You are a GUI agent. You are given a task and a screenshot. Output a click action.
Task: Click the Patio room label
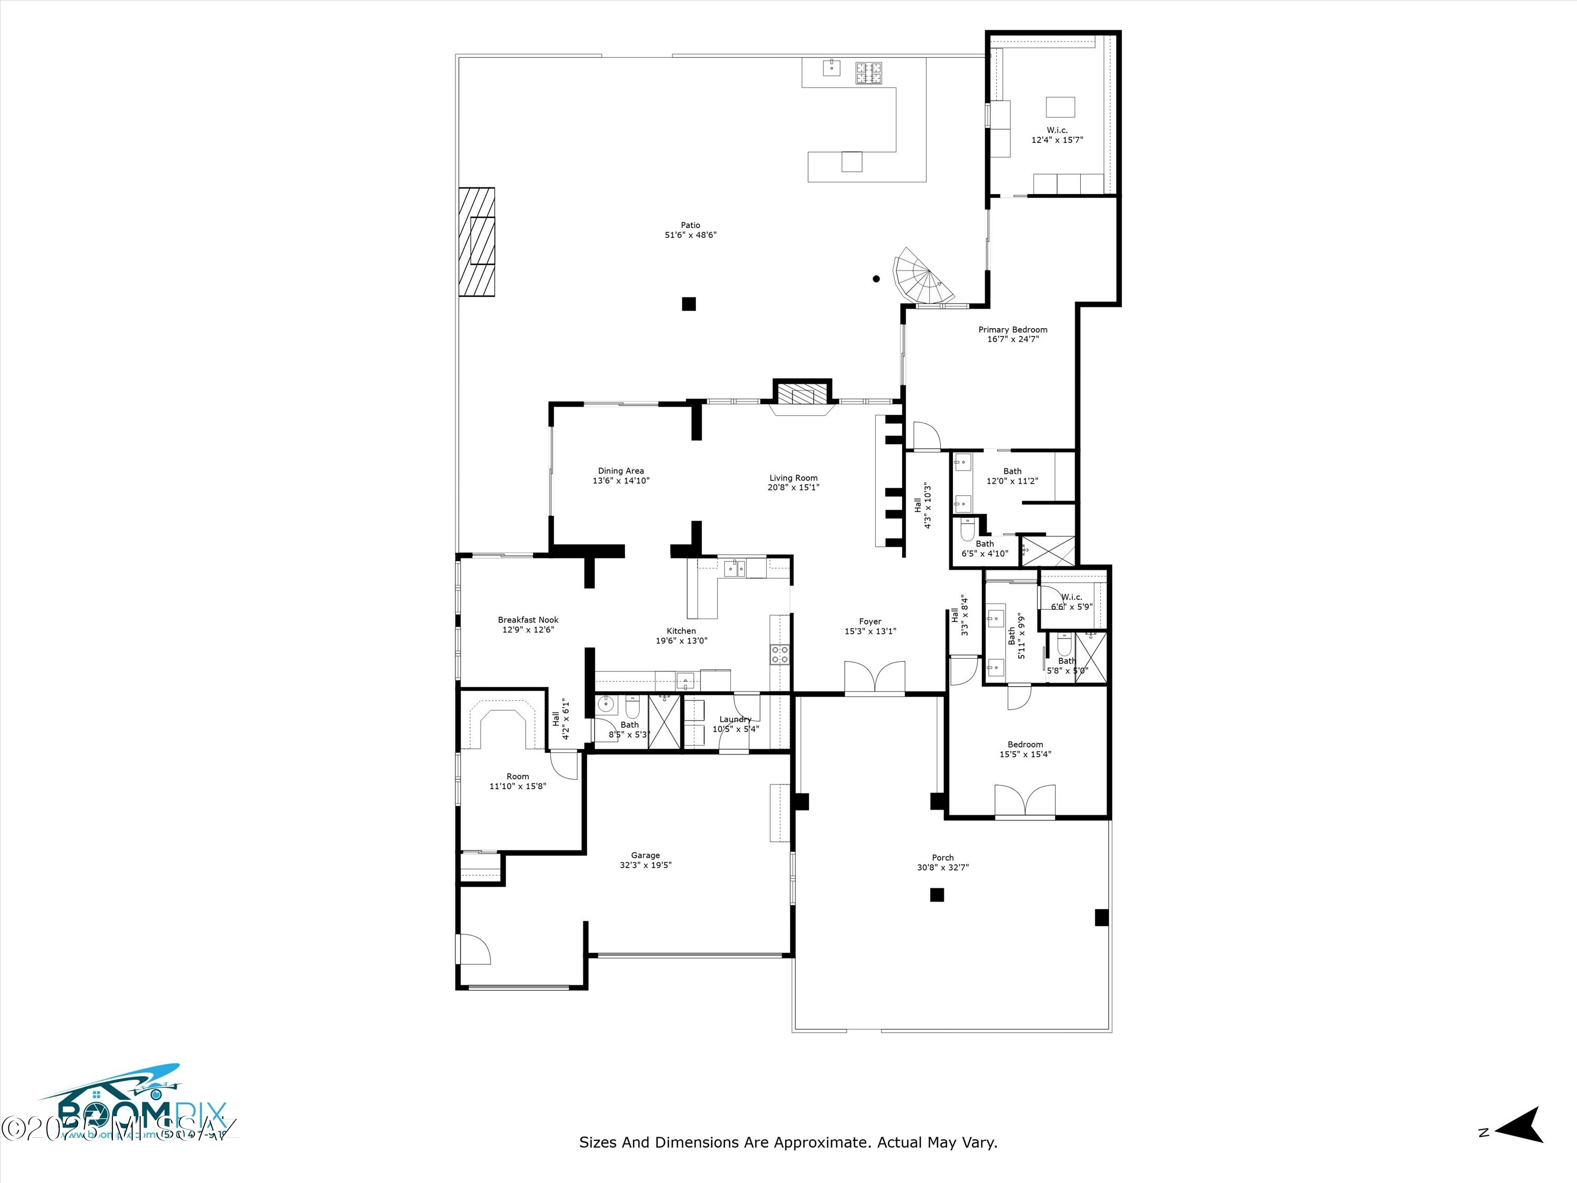(x=690, y=226)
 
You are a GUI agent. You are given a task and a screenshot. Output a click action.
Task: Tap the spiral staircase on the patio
(x=922, y=277)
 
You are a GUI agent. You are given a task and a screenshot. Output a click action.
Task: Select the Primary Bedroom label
(x=1012, y=330)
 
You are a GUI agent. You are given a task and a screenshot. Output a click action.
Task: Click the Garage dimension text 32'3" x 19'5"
(x=645, y=865)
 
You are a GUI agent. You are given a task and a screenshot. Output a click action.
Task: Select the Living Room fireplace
(x=803, y=396)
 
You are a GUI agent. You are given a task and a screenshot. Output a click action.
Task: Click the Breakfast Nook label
(x=528, y=620)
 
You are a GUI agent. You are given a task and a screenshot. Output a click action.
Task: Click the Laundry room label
(x=735, y=719)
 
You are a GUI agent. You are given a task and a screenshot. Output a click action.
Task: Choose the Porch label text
(x=943, y=858)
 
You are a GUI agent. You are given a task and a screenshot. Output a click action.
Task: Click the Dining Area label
(x=620, y=471)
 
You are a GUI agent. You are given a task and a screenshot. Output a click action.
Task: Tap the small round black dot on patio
(x=876, y=279)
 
